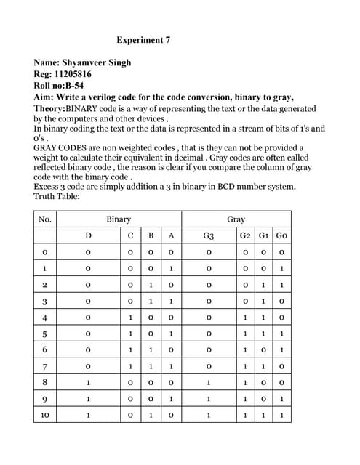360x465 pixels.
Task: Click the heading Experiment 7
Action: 143,40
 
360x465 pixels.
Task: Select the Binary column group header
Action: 119,219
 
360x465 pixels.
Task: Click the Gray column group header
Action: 236,219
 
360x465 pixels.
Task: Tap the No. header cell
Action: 45,219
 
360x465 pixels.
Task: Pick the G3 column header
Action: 209,235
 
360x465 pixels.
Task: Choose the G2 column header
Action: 246,235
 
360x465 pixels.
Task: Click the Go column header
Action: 281,235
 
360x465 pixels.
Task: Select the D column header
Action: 88,235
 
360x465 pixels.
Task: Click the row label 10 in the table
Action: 45,416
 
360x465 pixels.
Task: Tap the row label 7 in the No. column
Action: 45,366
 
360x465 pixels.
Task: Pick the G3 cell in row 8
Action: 209,383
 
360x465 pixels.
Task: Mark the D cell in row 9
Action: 88,400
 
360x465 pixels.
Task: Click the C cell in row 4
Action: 130,318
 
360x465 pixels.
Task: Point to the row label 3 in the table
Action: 45,301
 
